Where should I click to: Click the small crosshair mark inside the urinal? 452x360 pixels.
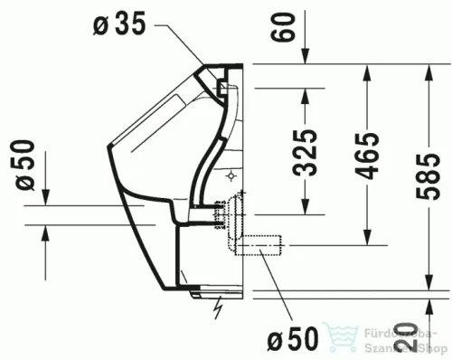(232, 172)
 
